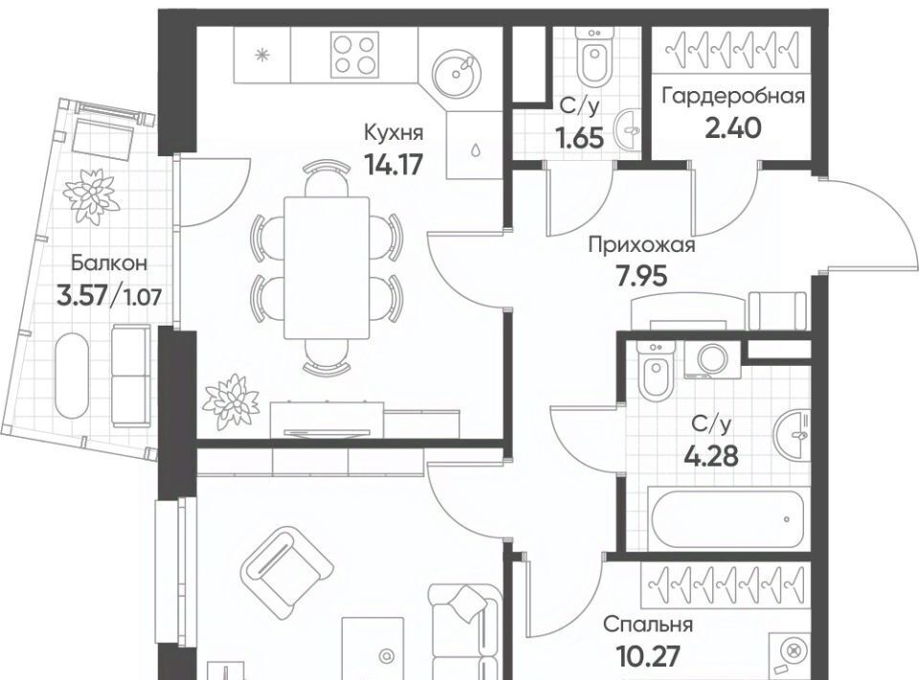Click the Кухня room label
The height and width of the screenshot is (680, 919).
click(392, 132)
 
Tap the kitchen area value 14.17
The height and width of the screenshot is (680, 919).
click(392, 164)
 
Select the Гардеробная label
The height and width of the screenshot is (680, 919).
click(732, 96)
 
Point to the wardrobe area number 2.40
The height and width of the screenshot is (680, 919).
click(732, 127)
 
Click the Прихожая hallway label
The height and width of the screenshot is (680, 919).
click(641, 245)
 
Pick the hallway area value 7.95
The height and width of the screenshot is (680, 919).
click(641, 276)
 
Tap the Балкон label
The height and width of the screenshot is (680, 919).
click(108, 263)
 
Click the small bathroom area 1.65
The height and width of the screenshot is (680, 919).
click(580, 139)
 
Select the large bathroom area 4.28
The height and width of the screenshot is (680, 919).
click(711, 456)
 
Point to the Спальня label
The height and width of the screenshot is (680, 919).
click(648, 624)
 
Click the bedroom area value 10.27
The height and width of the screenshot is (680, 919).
click(648, 656)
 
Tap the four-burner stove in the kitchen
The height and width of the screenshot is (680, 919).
click(353, 55)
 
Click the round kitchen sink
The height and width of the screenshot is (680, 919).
click(457, 74)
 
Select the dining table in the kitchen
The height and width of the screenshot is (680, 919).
click(326, 268)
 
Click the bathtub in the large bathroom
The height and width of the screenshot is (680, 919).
click(728, 519)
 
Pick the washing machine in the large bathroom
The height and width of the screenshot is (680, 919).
click(712, 360)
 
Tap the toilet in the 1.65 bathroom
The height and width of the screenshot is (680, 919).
click(594, 56)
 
